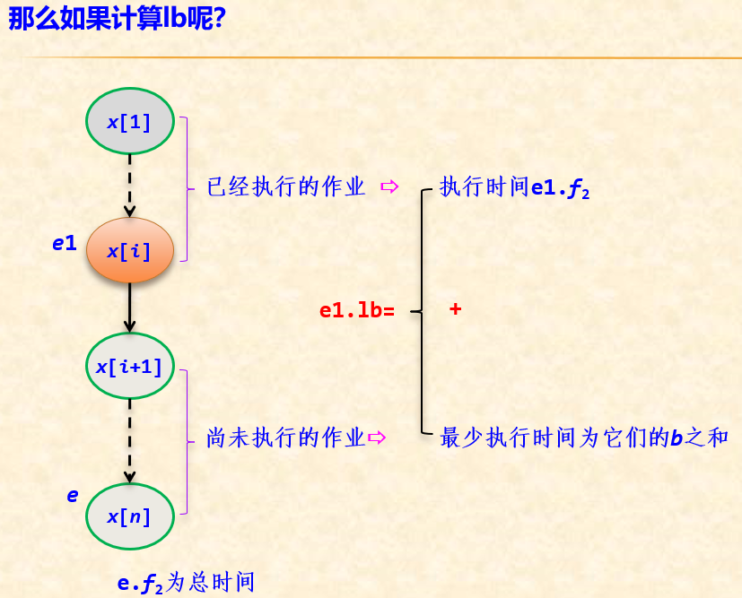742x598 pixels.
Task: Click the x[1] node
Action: (x=129, y=121)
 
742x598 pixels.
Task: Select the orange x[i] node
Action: (x=129, y=251)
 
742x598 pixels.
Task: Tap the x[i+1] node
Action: (x=129, y=366)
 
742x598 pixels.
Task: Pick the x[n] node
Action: (x=129, y=516)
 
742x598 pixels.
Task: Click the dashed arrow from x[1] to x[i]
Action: (x=129, y=185)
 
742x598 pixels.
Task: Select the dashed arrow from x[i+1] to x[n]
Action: (x=129, y=440)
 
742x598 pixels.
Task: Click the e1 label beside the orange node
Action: (x=64, y=241)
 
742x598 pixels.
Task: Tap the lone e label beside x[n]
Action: (x=73, y=495)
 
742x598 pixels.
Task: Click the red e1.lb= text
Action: (x=356, y=311)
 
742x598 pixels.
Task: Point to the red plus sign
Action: (x=455, y=308)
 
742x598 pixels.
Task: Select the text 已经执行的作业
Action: (x=285, y=187)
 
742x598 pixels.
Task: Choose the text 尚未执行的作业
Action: (x=285, y=438)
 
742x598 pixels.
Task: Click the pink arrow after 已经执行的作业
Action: (x=389, y=187)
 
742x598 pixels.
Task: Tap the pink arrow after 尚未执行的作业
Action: (x=376, y=438)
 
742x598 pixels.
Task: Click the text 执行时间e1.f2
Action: (x=514, y=188)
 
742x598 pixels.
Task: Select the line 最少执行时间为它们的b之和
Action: (x=584, y=438)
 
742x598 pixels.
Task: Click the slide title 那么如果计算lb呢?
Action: (x=116, y=19)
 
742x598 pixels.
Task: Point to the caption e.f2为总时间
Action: (x=186, y=583)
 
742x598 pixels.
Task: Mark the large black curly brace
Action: (x=421, y=311)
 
